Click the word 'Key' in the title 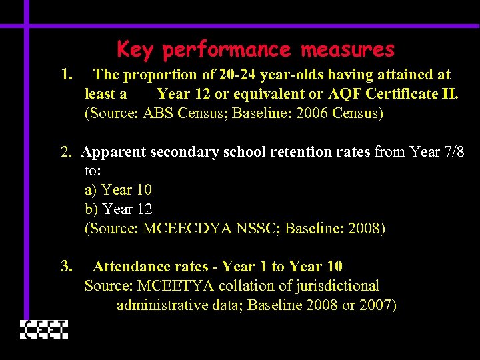tap(135, 50)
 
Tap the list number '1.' tap(66, 75)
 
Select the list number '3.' tap(66, 267)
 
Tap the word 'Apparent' tap(113, 152)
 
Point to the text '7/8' tap(453, 152)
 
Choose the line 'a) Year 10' tap(118, 190)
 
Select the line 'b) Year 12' tap(119, 209)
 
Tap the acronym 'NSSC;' tap(261, 229)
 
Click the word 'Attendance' tap(132, 267)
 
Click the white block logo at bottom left tap(44, 329)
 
